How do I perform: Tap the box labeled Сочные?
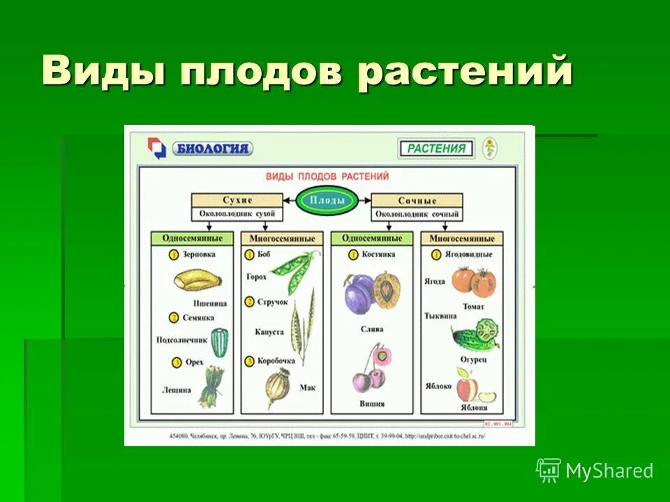[417, 200]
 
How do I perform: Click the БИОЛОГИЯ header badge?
[211, 149]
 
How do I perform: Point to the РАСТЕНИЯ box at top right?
[435, 148]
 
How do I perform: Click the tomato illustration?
[472, 281]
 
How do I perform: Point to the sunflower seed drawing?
[220, 342]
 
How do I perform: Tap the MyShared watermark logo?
[595, 471]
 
